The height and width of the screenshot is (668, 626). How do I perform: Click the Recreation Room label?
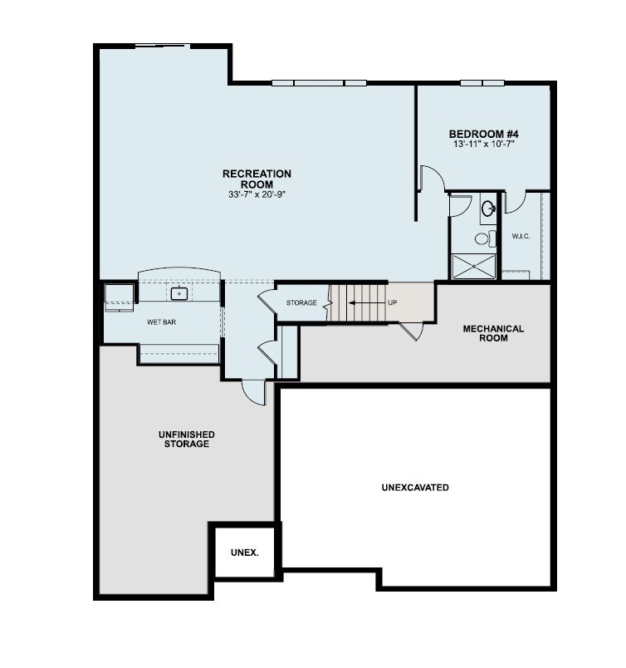tap(257, 179)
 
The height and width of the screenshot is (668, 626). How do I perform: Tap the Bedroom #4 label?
tap(484, 134)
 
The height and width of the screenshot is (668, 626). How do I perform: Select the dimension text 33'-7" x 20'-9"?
tap(257, 194)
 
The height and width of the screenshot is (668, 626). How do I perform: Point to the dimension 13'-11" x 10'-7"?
tap(484, 145)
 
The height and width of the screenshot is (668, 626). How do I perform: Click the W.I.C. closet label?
tap(521, 237)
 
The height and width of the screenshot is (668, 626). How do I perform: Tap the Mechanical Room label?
tap(493, 333)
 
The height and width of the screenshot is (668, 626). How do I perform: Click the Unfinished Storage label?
tap(187, 439)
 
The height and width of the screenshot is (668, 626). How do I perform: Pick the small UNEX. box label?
tap(244, 552)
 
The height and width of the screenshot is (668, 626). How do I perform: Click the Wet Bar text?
tap(161, 322)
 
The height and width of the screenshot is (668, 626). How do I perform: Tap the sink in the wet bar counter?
tap(179, 293)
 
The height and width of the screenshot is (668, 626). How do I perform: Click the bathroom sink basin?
tap(488, 207)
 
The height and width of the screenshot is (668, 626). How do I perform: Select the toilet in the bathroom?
tap(482, 239)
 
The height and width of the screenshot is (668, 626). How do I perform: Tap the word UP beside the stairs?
tap(393, 302)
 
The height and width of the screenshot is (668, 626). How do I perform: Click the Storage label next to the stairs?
tap(301, 302)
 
